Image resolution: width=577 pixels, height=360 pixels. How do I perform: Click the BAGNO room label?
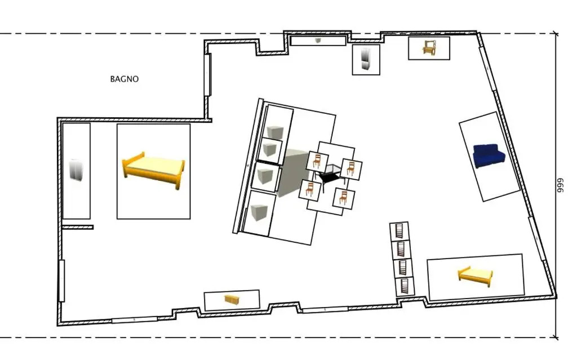click(x=125, y=79)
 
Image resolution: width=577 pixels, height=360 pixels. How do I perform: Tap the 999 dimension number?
click(x=560, y=185)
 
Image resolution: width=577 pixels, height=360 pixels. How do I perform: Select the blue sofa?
click(x=489, y=155)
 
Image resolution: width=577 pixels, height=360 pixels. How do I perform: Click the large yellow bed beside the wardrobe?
click(x=153, y=170)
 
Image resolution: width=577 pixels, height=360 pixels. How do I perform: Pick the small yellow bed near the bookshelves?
click(x=475, y=277)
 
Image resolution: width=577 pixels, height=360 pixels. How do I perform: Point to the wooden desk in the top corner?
click(x=429, y=48)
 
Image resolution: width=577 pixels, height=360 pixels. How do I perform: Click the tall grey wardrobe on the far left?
click(x=76, y=171)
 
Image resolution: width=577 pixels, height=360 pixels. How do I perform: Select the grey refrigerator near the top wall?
click(x=366, y=59)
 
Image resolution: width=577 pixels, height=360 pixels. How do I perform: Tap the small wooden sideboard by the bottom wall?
click(x=232, y=300)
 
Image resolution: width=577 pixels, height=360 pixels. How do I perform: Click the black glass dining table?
click(x=330, y=176)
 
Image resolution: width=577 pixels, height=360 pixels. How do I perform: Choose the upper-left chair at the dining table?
click(x=317, y=161)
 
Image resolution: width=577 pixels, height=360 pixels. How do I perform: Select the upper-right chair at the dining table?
click(x=350, y=169)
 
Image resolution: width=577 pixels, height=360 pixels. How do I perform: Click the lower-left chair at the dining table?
click(x=309, y=190)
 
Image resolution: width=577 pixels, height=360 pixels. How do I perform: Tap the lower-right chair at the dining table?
click(x=343, y=198)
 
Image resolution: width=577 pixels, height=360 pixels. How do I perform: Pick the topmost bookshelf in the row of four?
click(x=400, y=231)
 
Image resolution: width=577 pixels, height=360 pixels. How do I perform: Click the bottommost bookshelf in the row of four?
click(x=405, y=286)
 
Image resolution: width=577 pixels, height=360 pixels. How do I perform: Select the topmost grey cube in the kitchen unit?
click(x=275, y=131)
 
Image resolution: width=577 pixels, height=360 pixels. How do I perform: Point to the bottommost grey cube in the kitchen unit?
click(x=259, y=212)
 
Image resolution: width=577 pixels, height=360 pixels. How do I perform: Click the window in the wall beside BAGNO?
click(x=207, y=75)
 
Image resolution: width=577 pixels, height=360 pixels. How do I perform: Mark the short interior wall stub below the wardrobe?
click(x=78, y=228)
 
